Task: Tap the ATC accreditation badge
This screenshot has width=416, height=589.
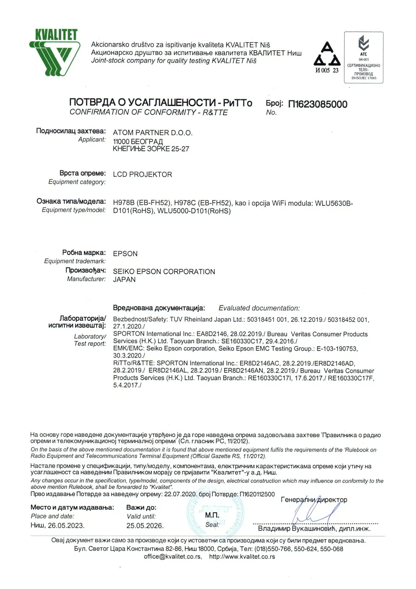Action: point(363,58)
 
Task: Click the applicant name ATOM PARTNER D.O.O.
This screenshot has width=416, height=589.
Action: point(153,133)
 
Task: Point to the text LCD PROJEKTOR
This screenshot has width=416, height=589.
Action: point(142,174)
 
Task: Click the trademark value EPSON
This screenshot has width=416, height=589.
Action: point(125,254)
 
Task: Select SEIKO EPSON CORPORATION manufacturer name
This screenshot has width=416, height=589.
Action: point(164,272)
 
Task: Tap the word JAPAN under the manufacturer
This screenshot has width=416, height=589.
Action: point(124,279)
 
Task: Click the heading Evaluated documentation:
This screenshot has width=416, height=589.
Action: point(259,308)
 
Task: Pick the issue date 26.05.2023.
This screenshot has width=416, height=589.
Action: point(66,526)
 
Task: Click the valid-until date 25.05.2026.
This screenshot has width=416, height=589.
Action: point(145,526)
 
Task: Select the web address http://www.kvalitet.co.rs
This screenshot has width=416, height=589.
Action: point(242,557)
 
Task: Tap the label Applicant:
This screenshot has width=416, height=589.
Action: point(92,140)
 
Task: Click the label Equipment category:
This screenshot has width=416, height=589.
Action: point(77,182)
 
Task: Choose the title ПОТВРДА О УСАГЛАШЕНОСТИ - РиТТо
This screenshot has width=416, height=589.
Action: point(161,103)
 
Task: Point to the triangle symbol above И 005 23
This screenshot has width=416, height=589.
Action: point(327,54)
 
